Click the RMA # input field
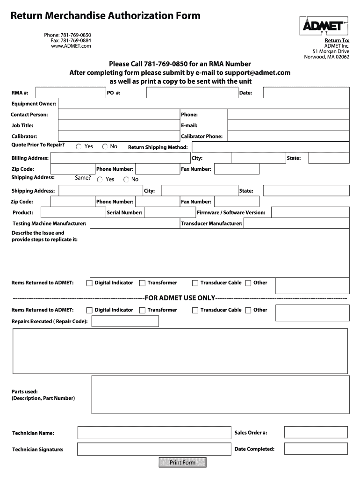coord(70,93)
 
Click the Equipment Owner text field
coord(203,103)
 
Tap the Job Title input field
coord(119,125)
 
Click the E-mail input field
coord(288,125)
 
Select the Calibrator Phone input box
coord(288,136)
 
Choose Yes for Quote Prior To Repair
coord(79,147)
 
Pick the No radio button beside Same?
coord(126,180)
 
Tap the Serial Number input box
coord(169,212)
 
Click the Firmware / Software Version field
coord(310,212)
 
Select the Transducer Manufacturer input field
coord(296,224)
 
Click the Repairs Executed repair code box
coord(125,321)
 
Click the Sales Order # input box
coord(316,433)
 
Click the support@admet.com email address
coord(257,73)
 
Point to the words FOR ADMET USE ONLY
coord(180,298)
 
